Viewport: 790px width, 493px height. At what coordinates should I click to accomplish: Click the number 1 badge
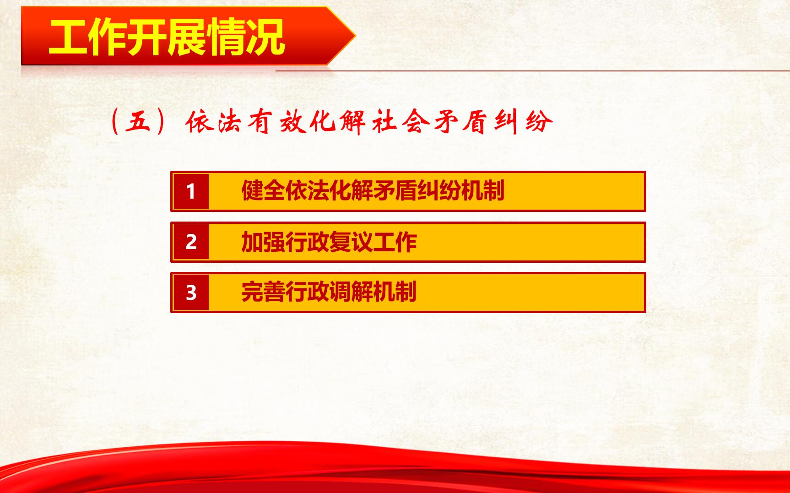[x=191, y=191]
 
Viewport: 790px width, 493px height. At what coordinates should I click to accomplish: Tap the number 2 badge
[x=191, y=242]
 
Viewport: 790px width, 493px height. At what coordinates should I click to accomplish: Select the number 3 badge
[x=191, y=293]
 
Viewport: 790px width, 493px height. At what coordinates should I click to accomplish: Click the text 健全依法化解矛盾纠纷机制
[x=373, y=191]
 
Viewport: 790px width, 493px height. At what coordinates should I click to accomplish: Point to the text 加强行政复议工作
[x=329, y=242]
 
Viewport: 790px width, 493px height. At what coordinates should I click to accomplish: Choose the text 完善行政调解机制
[x=329, y=292]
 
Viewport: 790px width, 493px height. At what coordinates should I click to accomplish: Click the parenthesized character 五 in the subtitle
[x=138, y=122]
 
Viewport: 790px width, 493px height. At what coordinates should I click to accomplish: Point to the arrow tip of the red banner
[x=356, y=36]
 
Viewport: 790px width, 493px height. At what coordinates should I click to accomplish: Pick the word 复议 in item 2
[x=351, y=242]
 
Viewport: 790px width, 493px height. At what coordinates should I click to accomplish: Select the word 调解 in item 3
[x=351, y=292]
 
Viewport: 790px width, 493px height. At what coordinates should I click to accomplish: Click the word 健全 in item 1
[x=263, y=191]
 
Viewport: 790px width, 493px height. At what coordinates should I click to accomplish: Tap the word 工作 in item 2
[x=395, y=242]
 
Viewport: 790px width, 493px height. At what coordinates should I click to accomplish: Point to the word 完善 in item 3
[x=263, y=292]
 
